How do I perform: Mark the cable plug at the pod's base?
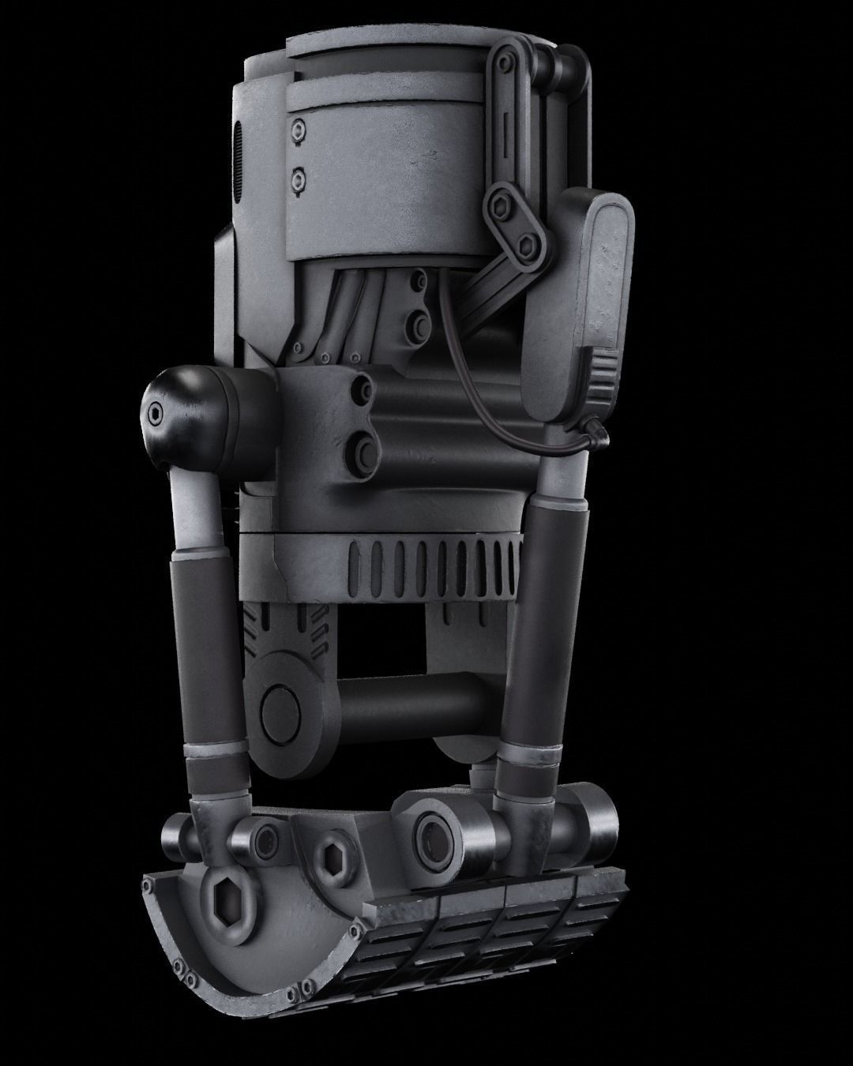tap(596, 430)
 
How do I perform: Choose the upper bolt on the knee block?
tap(365, 387)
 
